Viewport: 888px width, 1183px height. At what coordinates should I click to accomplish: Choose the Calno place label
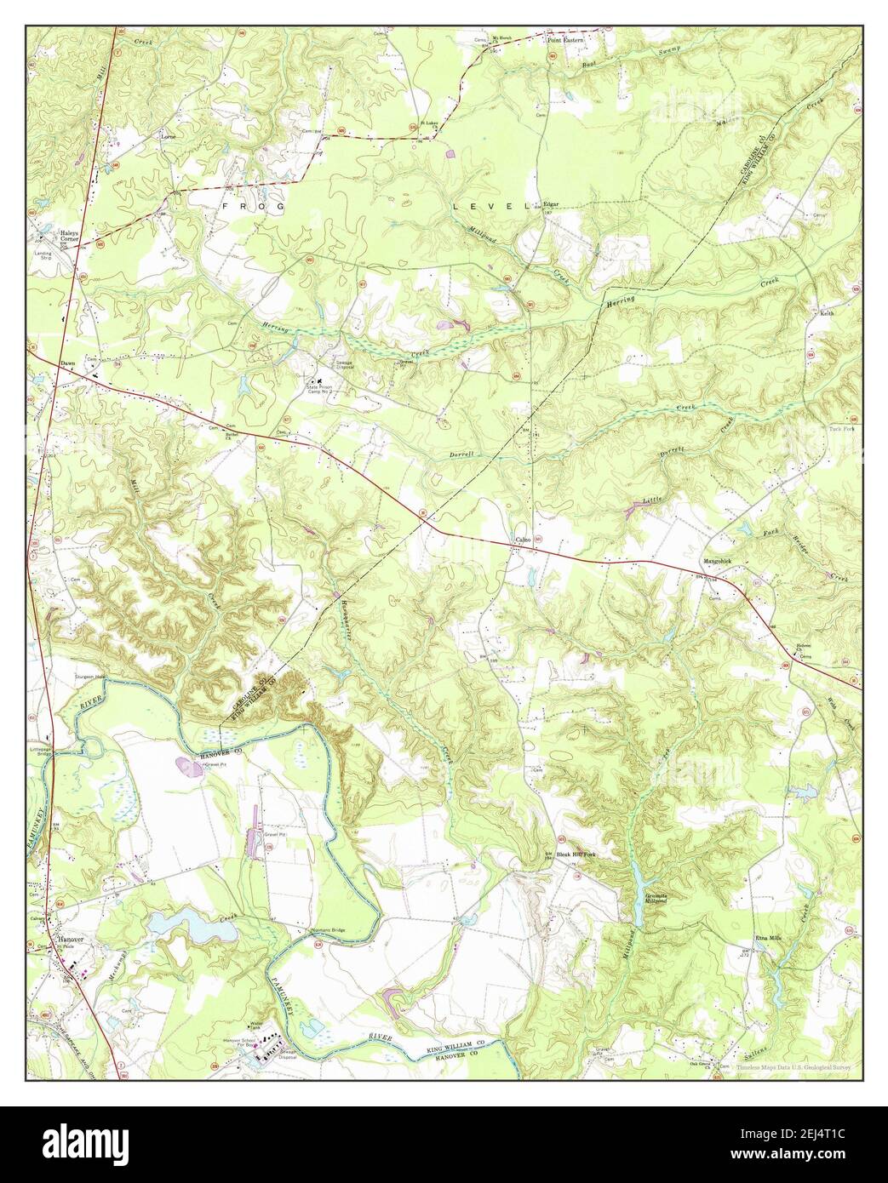tap(522, 540)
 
